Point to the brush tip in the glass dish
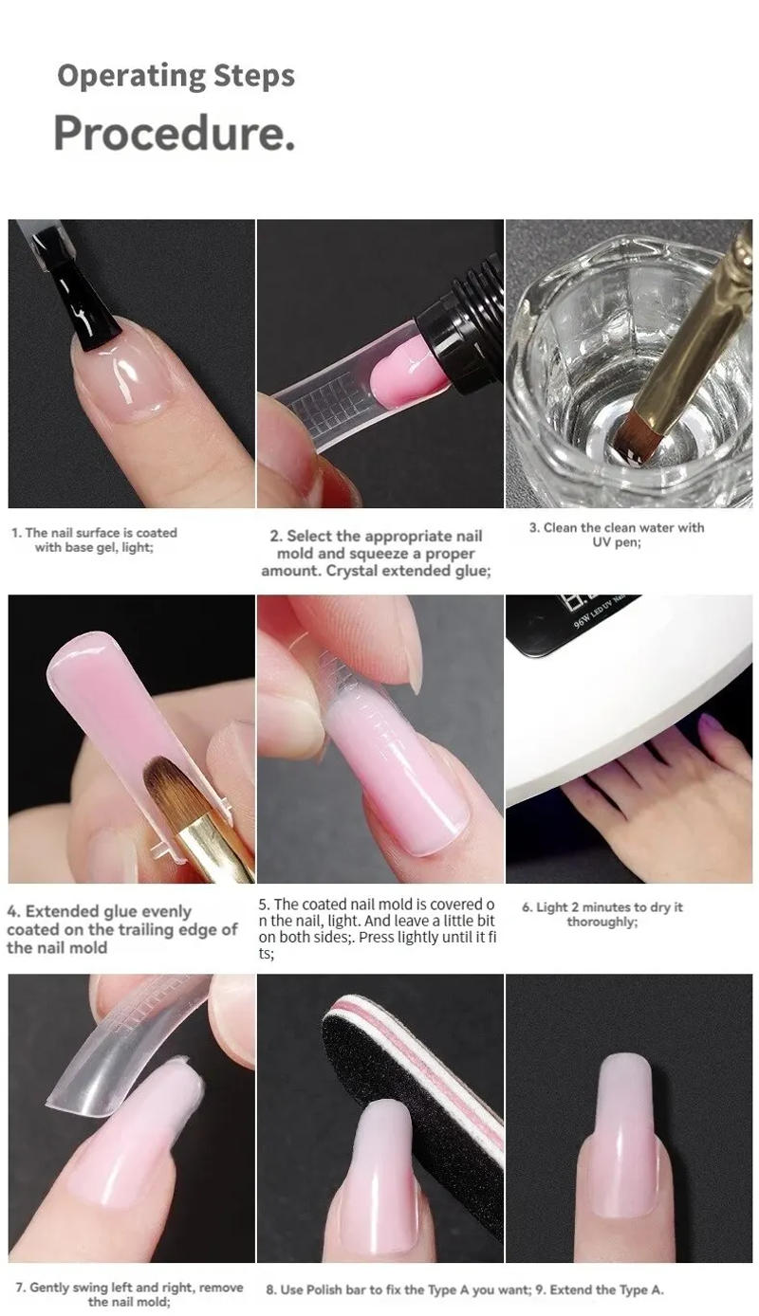[637, 439]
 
